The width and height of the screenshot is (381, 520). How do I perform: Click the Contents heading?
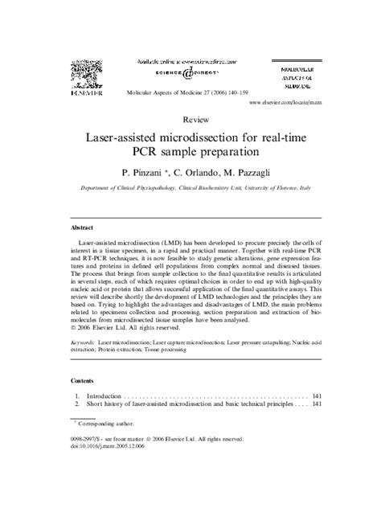pos(83,379)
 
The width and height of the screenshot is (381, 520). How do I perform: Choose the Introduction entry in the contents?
pos(104,396)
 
